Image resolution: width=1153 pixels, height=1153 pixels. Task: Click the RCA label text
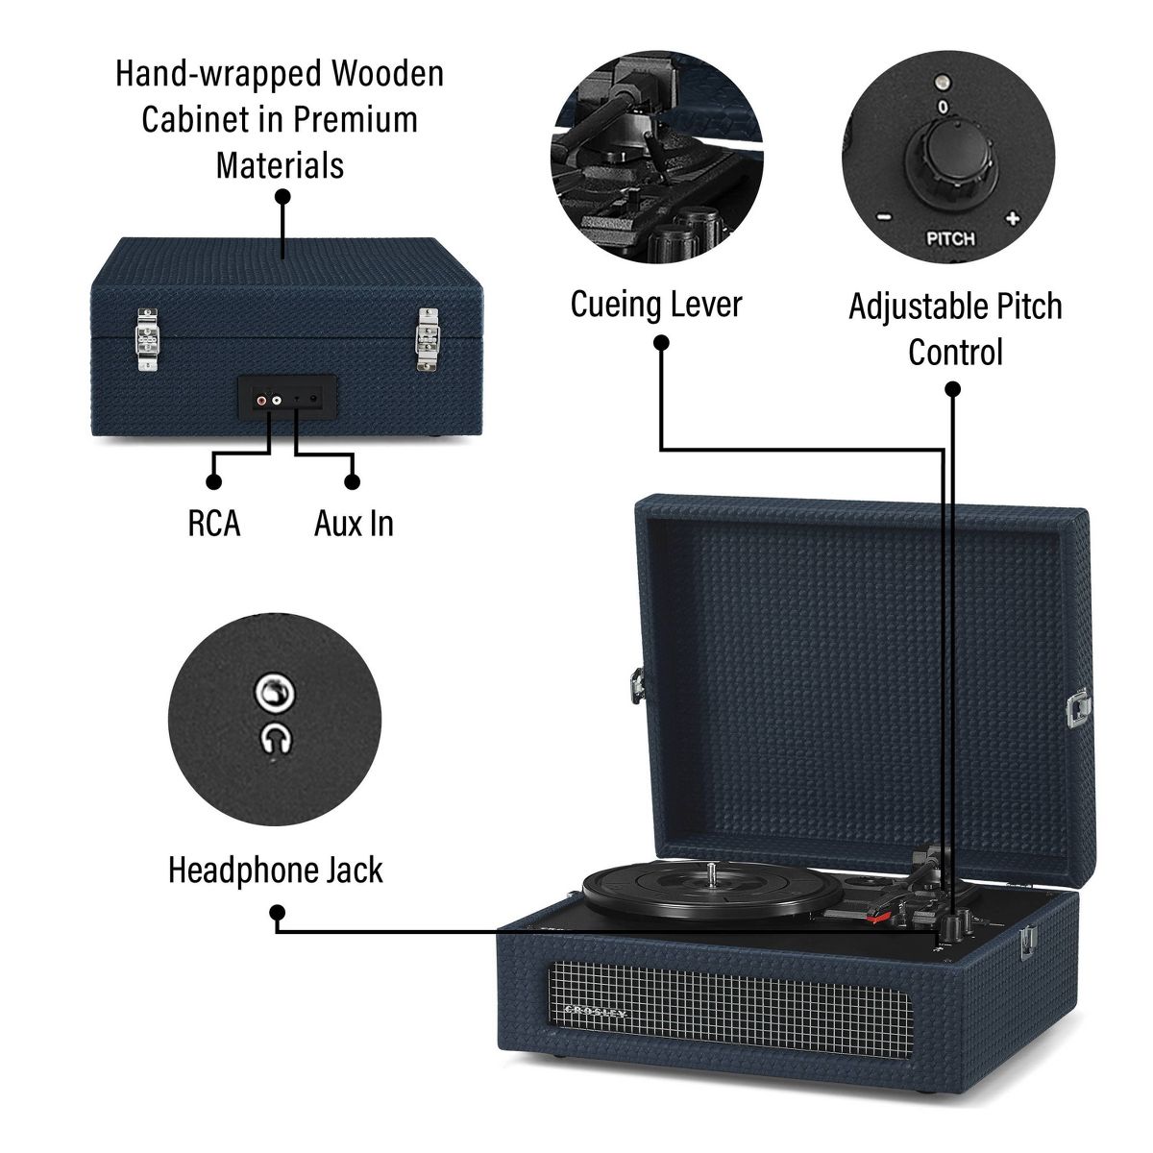[214, 524]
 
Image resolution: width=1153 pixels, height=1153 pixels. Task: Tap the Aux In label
[354, 524]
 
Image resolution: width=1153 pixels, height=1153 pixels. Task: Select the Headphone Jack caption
[276, 870]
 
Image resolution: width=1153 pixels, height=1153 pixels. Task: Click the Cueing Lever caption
[656, 305]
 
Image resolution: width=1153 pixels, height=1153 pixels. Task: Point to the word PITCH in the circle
[949, 238]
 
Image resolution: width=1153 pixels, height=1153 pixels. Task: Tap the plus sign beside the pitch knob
[1011, 217]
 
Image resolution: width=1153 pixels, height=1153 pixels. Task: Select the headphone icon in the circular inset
[277, 738]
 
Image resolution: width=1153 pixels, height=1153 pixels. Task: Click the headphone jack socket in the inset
[275, 693]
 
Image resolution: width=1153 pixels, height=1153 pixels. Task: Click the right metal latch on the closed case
[425, 339]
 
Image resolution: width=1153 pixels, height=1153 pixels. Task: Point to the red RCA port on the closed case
[261, 399]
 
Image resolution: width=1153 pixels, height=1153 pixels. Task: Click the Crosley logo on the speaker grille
[594, 1011]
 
